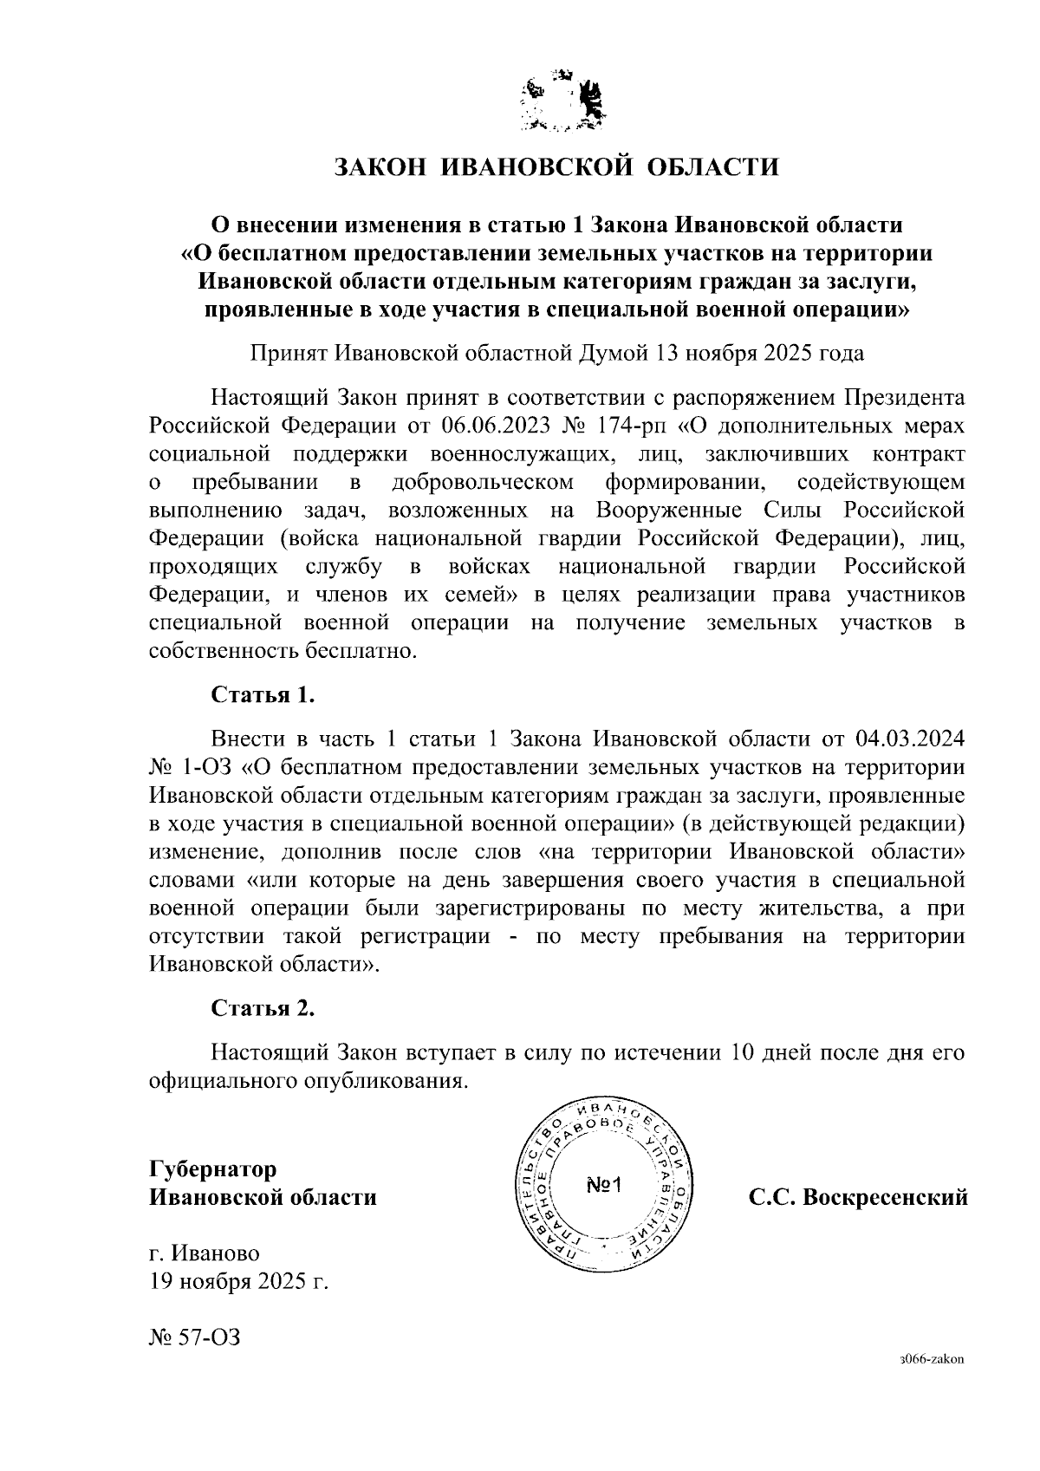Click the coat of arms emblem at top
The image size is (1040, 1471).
pos(562,103)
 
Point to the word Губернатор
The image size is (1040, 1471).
pos(213,1168)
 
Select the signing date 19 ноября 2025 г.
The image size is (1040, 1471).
pos(239,1281)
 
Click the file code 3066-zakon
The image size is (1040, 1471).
pos(933,1360)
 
